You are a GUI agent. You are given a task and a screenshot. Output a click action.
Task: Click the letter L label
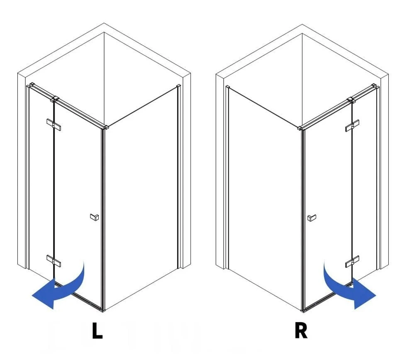click(x=97, y=331)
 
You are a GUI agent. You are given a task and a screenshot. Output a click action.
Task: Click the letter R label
click(x=301, y=331)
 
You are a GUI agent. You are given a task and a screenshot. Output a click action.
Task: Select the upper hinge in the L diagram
click(x=54, y=125)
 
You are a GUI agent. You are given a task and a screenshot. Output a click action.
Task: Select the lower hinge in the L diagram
click(x=54, y=261)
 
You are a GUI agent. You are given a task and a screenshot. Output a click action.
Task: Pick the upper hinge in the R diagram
click(x=352, y=125)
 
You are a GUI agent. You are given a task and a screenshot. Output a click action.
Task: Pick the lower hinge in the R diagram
click(x=352, y=262)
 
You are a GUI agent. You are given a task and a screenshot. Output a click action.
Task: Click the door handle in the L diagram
click(x=95, y=217)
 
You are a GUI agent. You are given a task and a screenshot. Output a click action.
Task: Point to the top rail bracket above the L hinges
click(x=54, y=99)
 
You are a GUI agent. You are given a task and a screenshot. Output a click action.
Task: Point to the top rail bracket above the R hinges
click(x=351, y=100)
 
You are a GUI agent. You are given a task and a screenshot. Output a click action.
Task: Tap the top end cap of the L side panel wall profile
click(x=179, y=86)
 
